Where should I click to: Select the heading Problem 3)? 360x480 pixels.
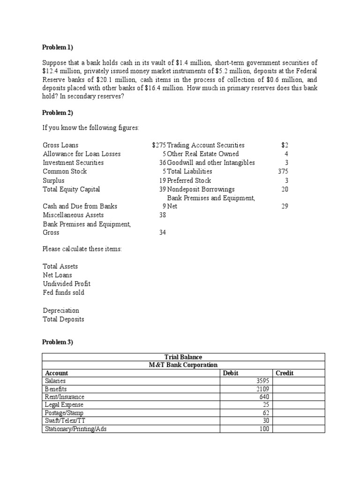tap(58, 342)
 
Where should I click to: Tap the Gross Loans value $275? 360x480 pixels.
tap(159, 145)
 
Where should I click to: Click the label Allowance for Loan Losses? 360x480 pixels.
tap(82, 154)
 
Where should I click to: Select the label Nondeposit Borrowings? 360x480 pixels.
tap(201, 189)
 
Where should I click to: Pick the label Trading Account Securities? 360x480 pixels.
tap(206, 145)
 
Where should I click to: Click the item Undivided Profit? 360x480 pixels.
tap(67, 284)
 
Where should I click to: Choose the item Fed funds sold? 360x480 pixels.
tap(64, 293)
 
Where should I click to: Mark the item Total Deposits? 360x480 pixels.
tap(64, 320)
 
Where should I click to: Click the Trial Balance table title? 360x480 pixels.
tap(183, 357)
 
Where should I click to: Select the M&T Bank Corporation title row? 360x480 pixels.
tap(183, 365)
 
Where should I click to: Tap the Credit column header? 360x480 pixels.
tap(285, 373)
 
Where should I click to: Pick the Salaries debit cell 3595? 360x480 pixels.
tap(262, 381)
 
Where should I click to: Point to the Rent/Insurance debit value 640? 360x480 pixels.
tap(264, 397)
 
